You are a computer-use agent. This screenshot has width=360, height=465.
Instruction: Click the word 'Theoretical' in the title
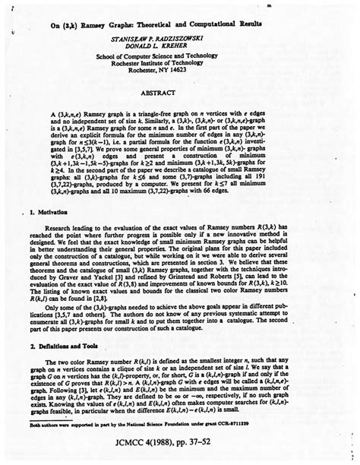(x=158, y=24)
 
